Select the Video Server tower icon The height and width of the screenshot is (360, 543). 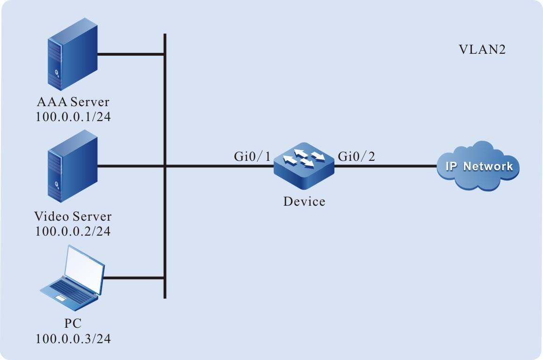pyautogui.click(x=72, y=166)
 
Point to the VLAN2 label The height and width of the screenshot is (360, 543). pyautogui.click(x=482, y=50)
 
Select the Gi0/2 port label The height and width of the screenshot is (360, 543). pyautogui.click(x=356, y=157)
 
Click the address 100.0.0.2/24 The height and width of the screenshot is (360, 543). pyautogui.click(x=73, y=230)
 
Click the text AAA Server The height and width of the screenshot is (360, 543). pyautogui.click(x=73, y=102)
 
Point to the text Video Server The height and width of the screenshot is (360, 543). pyautogui.click(x=73, y=216)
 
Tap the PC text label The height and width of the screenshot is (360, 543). pyautogui.click(x=73, y=324)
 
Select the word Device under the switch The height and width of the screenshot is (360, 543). pyautogui.click(x=304, y=202)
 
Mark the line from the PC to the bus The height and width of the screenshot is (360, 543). pyautogui.click(x=133, y=278)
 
